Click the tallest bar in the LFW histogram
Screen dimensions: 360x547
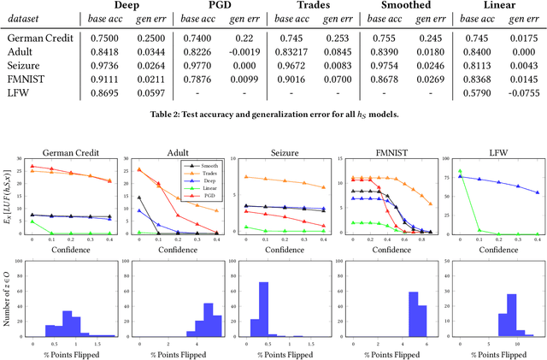point(486,316)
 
